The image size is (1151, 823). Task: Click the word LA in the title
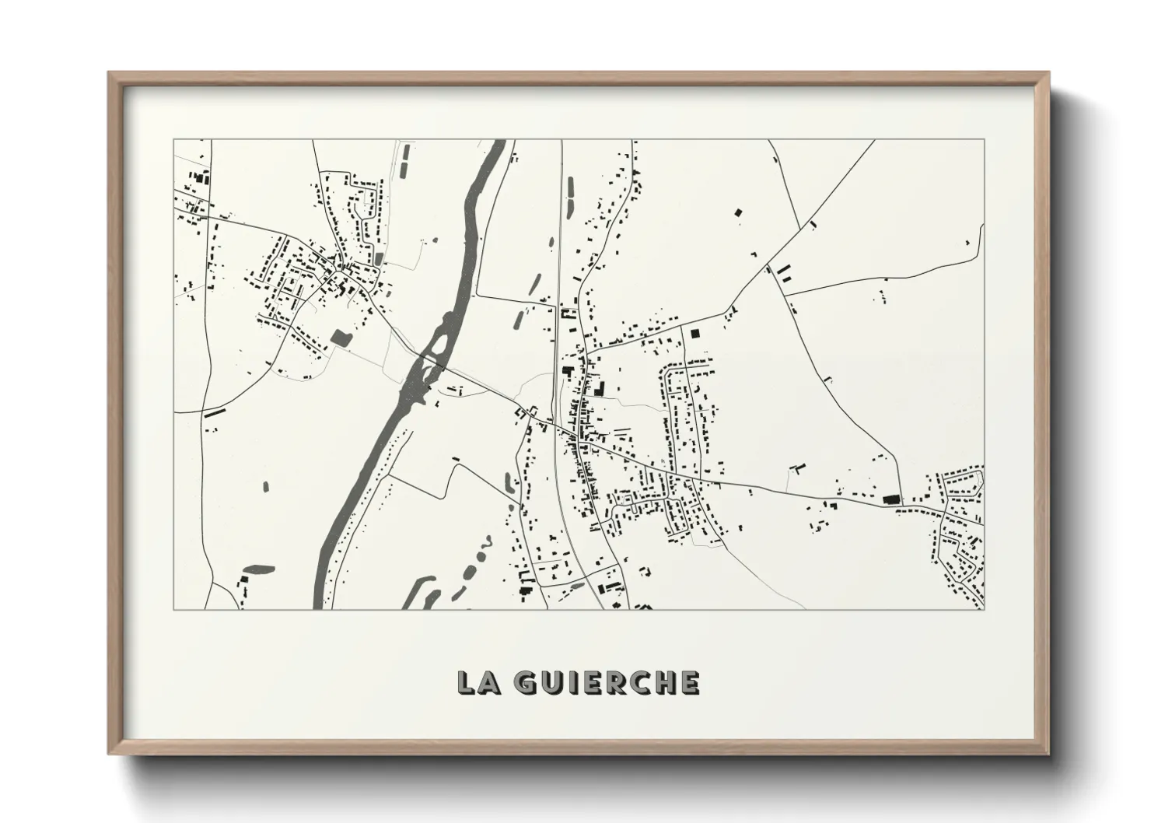(x=476, y=682)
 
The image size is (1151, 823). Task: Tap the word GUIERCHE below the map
(x=607, y=682)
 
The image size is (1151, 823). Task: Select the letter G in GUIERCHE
(x=527, y=682)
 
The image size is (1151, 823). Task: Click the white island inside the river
(x=437, y=340)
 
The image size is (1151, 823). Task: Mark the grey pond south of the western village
(x=340, y=337)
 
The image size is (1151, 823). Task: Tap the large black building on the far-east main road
(x=890, y=499)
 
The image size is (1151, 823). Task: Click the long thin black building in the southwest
(x=215, y=412)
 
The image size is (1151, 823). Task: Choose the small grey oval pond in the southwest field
(x=265, y=487)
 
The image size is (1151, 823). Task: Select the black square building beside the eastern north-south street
(x=695, y=333)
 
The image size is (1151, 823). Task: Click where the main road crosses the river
(x=424, y=362)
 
